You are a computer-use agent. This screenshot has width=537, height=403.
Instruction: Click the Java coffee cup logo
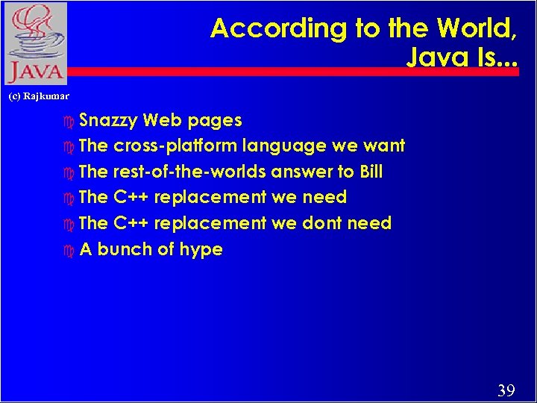(x=34, y=43)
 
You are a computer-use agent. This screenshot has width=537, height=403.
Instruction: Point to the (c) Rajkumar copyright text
(x=38, y=96)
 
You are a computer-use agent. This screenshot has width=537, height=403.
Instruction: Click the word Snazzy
(x=108, y=120)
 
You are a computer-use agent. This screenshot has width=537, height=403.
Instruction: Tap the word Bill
(x=371, y=172)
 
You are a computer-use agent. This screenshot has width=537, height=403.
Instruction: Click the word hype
(x=200, y=250)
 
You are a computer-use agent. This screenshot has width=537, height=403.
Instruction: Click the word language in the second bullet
(x=298, y=146)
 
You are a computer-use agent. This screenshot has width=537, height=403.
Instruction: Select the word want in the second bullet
(x=384, y=146)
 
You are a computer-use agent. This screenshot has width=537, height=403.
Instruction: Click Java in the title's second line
(x=430, y=57)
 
